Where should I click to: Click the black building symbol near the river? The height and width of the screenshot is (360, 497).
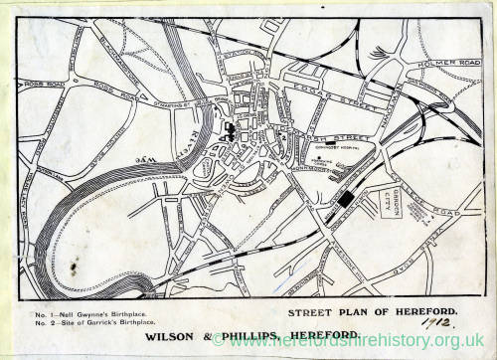[231, 130]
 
